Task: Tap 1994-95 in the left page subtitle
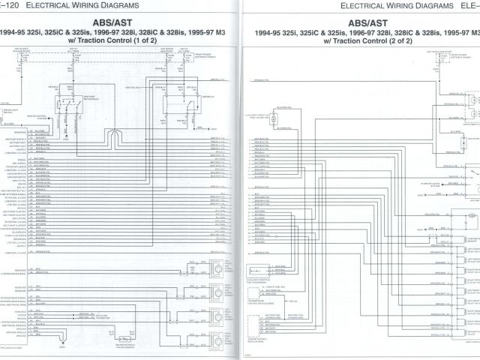16,32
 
